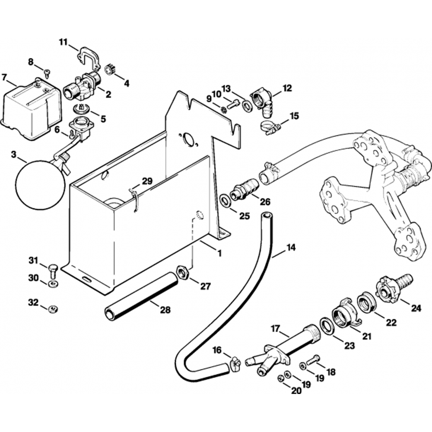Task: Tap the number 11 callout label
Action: pos(64,42)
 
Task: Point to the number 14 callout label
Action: pos(291,248)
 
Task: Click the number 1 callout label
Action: pos(219,253)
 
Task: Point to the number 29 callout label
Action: pos(147,181)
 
